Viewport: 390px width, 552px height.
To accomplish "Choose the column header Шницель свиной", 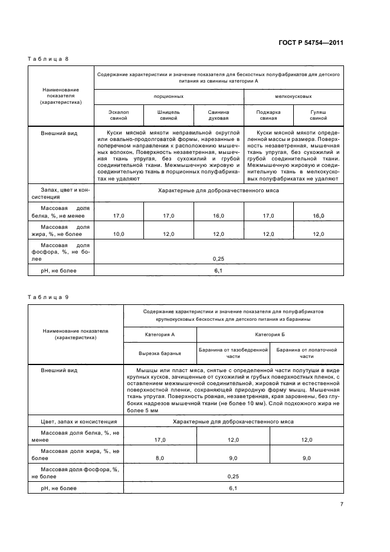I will click(x=169, y=114).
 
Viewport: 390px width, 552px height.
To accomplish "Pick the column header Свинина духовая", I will click(x=218, y=114).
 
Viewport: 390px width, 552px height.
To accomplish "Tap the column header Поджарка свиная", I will click(x=268, y=114).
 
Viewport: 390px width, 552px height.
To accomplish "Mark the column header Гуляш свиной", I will click(x=318, y=114).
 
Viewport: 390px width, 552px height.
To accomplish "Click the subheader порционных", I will click(x=168, y=96).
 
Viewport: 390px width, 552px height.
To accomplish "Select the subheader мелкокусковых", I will click(x=293, y=96).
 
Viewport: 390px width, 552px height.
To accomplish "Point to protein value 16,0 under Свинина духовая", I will click(x=218, y=216).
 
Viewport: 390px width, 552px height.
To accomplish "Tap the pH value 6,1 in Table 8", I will click(x=218, y=270).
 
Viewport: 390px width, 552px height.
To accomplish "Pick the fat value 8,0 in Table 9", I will click(x=160, y=458).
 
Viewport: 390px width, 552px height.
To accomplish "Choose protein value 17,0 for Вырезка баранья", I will click(x=160, y=440).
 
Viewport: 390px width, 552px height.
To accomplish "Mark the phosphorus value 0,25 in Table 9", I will click(x=233, y=475).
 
